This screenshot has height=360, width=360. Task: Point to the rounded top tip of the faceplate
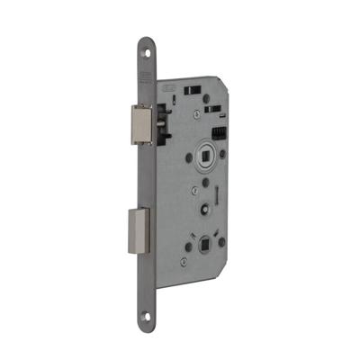[146, 40]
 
